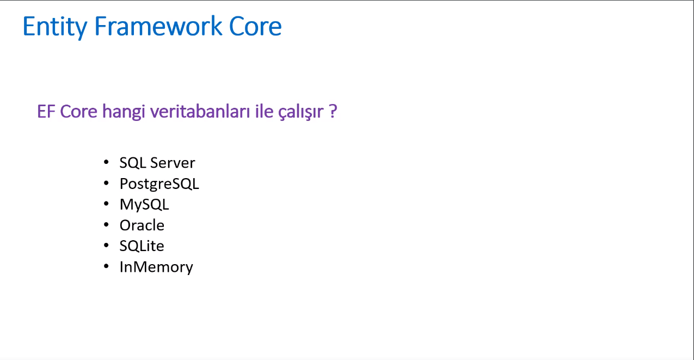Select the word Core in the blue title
255,26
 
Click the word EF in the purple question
46,112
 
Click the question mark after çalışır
333,112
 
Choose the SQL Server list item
157,162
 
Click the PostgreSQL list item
159,184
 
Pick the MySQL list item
144,205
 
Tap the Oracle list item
142,225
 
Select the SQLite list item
142,246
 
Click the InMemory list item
156,267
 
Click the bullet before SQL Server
106,162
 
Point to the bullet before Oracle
106,225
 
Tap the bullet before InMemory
106,267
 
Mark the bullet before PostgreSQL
106,184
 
